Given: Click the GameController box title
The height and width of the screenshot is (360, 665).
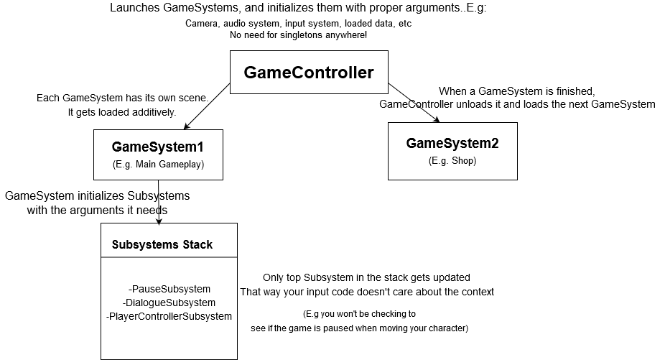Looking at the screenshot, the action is pyautogui.click(x=309, y=73).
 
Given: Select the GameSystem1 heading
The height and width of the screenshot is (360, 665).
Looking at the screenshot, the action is pyautogui.click(x=158, y=147).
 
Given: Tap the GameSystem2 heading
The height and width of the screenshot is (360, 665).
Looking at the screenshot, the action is pyautogui.click(x=452, y=144).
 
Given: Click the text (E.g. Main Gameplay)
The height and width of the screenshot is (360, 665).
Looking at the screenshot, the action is pyautogui.click(x=158, y=165).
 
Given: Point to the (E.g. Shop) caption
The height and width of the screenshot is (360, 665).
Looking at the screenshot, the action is pyautogui.click(x=452, y=160).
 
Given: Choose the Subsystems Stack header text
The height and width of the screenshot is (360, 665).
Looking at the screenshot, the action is pyautogui.click(x=162, y=244).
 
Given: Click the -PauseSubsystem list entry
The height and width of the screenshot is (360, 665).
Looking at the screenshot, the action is pyautogui.click(x=169, y=289).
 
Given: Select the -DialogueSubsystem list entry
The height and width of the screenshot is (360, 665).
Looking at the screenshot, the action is pyautogui.click(x=169, y=303).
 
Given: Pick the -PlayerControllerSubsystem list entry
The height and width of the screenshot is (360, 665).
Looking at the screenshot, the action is pyautogui.click(x=169, y=316).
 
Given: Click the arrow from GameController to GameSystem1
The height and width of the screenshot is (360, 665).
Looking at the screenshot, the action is pyautogui.click(x=207, y=106).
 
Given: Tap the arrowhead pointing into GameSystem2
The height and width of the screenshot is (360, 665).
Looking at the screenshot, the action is pyautogui.click(x=436, y=119).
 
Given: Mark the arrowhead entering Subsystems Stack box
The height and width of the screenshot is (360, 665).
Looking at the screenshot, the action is pyautogui.click(x=159, y=221).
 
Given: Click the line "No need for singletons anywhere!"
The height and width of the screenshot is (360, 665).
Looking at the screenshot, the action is pyautogui.click(x=298, y=34).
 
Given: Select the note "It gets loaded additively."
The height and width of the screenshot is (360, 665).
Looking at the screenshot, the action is pyautogui.click(x=121, y=113).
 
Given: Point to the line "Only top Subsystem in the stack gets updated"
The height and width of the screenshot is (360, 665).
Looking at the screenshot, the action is pyautogui.click(x=366, y=277).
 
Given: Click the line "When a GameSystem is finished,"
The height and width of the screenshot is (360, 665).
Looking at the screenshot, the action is pyautogui.click(x=517, y=91).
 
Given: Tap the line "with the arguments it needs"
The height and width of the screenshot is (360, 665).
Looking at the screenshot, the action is pyautogui.click(x=97, y=210).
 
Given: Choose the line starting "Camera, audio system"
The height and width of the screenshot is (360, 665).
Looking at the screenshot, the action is pyautogui.click(x=298, y=23).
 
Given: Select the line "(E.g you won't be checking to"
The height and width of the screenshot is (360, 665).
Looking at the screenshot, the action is pyautogui.click(x=359, y=314).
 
